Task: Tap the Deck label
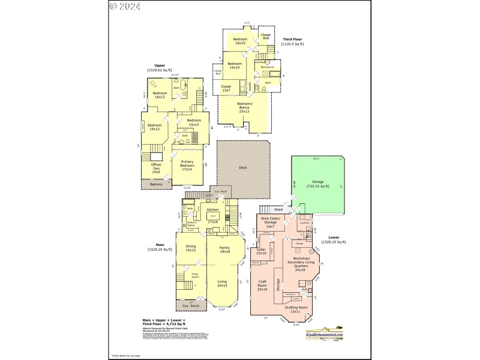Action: (x=243, y=168)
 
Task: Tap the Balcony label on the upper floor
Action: (x=156, y=184)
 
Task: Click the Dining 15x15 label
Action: (x=190, y=249)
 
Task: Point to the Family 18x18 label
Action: (x=224, y=249)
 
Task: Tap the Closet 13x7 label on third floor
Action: (x=226, y=88)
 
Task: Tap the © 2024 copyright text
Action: (x=125, y=7)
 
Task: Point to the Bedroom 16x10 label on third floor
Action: (x=241, y=41)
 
